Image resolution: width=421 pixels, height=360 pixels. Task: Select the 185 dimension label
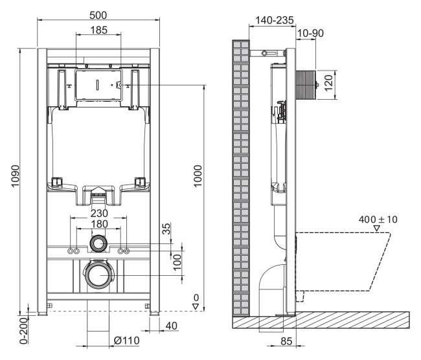click(x=98, y=30)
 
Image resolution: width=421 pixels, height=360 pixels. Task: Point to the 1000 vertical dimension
click(x=198, y=176)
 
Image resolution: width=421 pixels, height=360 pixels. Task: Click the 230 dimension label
click(x=98, y=212)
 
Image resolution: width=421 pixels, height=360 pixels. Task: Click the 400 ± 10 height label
click(x=378, y=220)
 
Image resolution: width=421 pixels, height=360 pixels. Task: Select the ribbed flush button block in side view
click(x=306, y=83)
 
